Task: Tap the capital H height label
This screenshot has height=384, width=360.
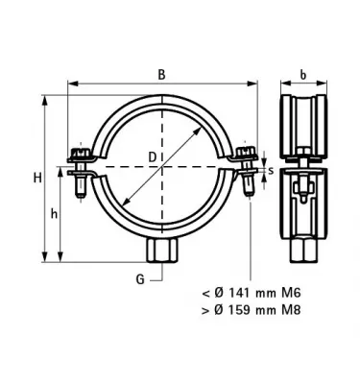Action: click(36, 177)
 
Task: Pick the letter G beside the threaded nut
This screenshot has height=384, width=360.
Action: click(139, 279)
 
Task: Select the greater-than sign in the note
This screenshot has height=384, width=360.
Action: click(204, 311)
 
